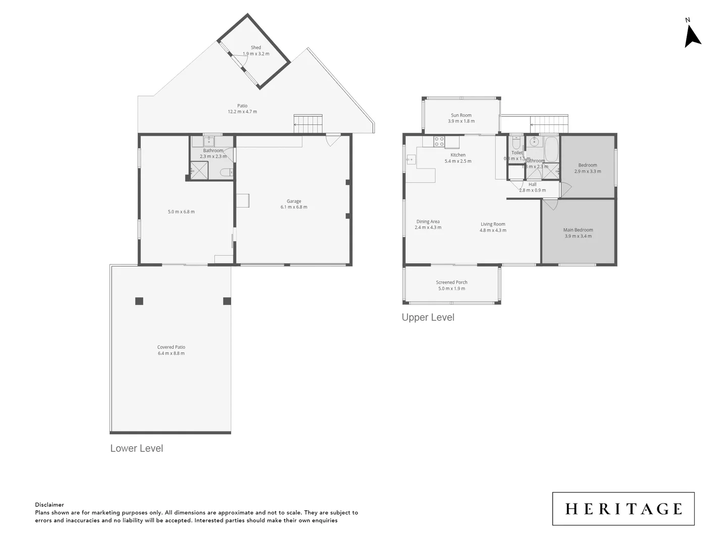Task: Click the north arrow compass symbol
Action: point(692,36)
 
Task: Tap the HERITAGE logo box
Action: point(623,509)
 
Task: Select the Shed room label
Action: point(256,48)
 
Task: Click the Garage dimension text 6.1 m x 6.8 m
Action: point(294,207)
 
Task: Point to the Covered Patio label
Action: point(171,347)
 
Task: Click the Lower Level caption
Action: point(137,448)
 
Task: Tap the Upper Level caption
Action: point(428,317)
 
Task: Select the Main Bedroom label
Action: point(578,230)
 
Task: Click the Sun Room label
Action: point(461,115)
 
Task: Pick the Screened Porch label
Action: point(452,283)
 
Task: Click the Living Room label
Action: point(493,224)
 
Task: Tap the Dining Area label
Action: point(428,221)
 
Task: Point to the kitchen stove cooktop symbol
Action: point(439,142)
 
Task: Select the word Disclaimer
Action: point(49,505)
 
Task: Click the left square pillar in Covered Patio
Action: point(139,301)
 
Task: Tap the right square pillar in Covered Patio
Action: point(227,301)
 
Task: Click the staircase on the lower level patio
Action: point(308,124)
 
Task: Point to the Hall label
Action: point(533,185)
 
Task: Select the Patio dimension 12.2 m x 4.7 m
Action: point(242,112)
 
